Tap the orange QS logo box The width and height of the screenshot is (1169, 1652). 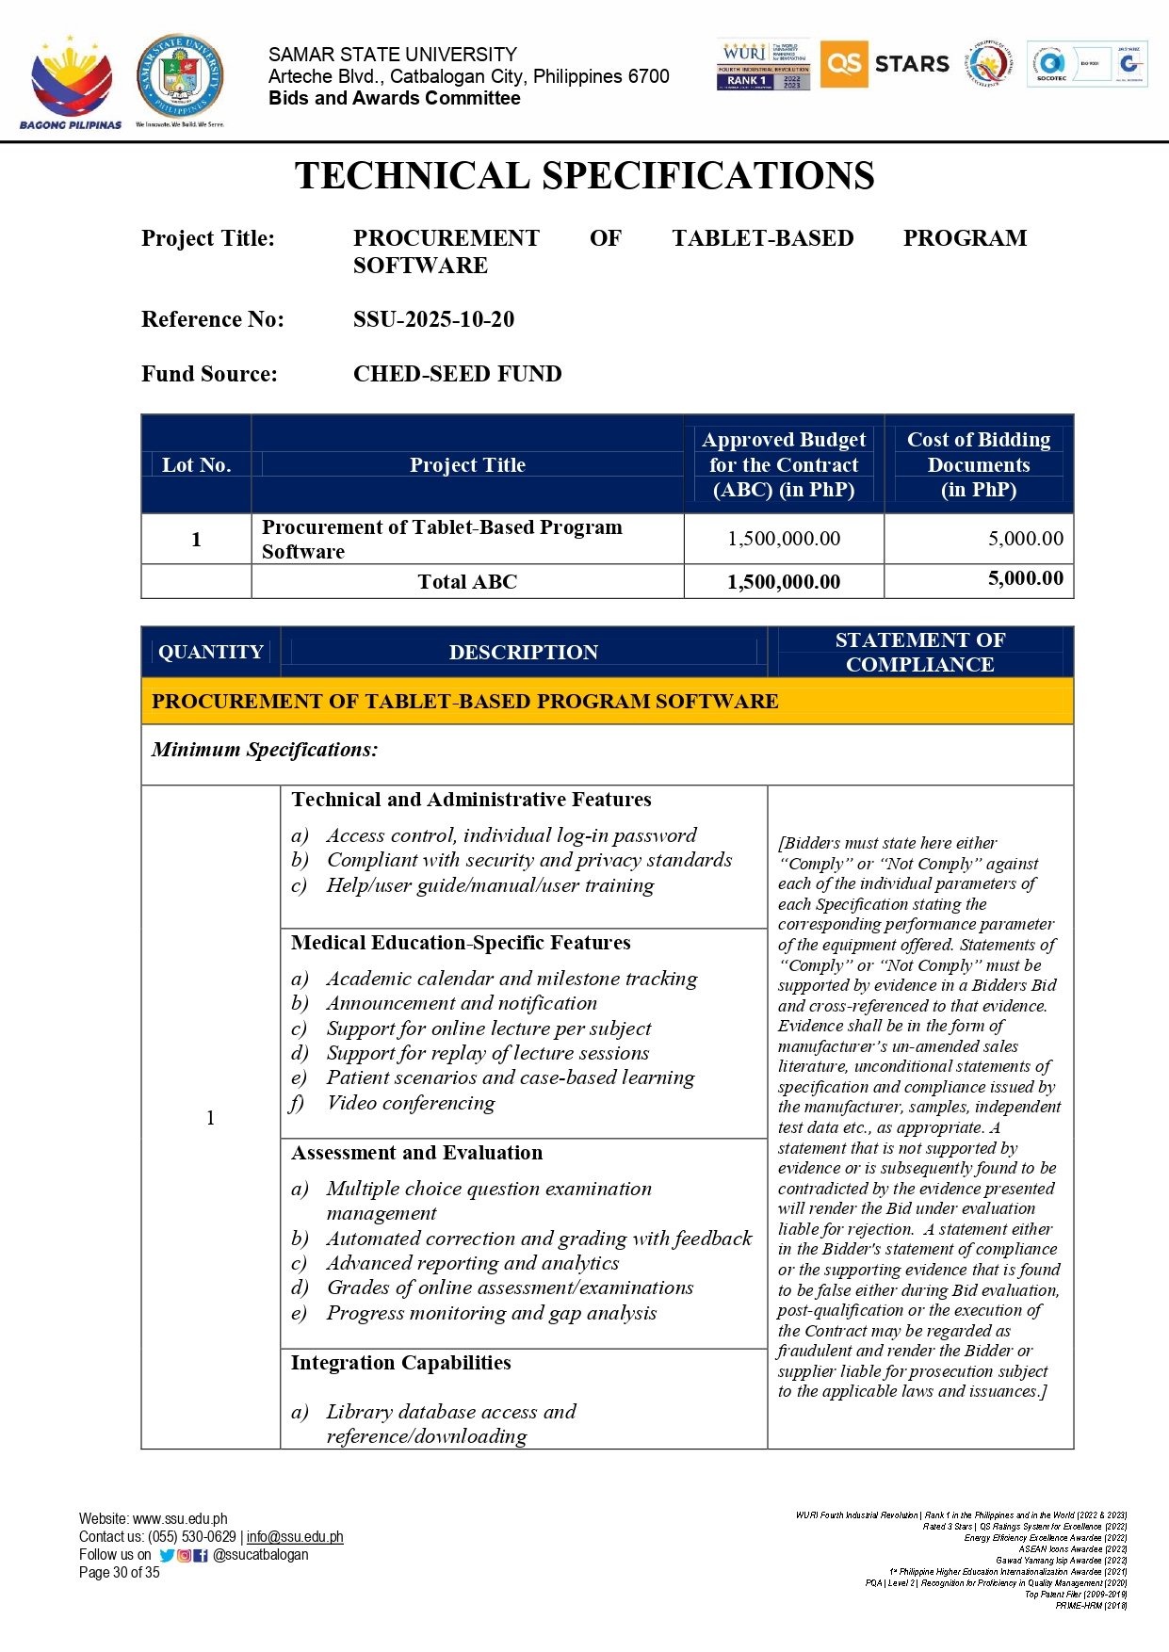pos(843,64)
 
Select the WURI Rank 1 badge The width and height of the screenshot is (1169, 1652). pos(763,65)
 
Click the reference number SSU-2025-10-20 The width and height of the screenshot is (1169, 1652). pos(433,319)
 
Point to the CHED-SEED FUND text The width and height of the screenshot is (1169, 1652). pos(457,374)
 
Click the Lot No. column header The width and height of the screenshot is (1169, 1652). pos(196,464)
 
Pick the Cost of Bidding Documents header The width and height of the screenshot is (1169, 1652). pos(978,464)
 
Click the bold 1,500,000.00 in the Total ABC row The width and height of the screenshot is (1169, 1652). pos(783,582)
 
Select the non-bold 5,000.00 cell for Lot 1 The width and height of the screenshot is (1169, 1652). pos(1025,539)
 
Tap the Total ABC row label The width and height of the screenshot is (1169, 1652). pos(467,582)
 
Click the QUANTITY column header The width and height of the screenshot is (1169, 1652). pos(210,652)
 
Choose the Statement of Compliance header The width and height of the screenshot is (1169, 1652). pos(919,652)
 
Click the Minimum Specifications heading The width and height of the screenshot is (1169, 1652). pos(265,750)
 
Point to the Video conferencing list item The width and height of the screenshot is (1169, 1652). pos(410,1103)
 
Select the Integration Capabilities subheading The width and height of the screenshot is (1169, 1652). pos(400,1363)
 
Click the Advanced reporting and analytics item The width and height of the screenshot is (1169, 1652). pos(472,1263)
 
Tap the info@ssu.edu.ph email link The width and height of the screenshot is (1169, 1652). pos(295,1537)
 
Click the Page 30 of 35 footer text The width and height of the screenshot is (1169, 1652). pos(120,1573)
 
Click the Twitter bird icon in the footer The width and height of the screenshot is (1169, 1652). pos(167,1555)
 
